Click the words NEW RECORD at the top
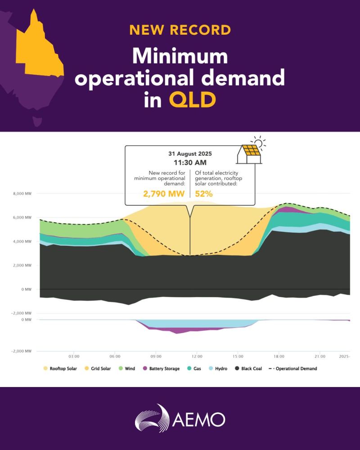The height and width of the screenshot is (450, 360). [x=180, y=30]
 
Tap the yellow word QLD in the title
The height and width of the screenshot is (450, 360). [x=192, y=100]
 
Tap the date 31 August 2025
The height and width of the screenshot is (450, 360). [x=189, y=153]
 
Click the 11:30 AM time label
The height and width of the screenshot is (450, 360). [x=189, y=162]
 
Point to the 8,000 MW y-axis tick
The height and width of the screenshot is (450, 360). [x=21, y=194]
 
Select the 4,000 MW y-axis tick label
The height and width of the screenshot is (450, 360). [x=21, y=242]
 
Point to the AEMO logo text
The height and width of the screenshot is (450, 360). [x=198, y=419]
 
